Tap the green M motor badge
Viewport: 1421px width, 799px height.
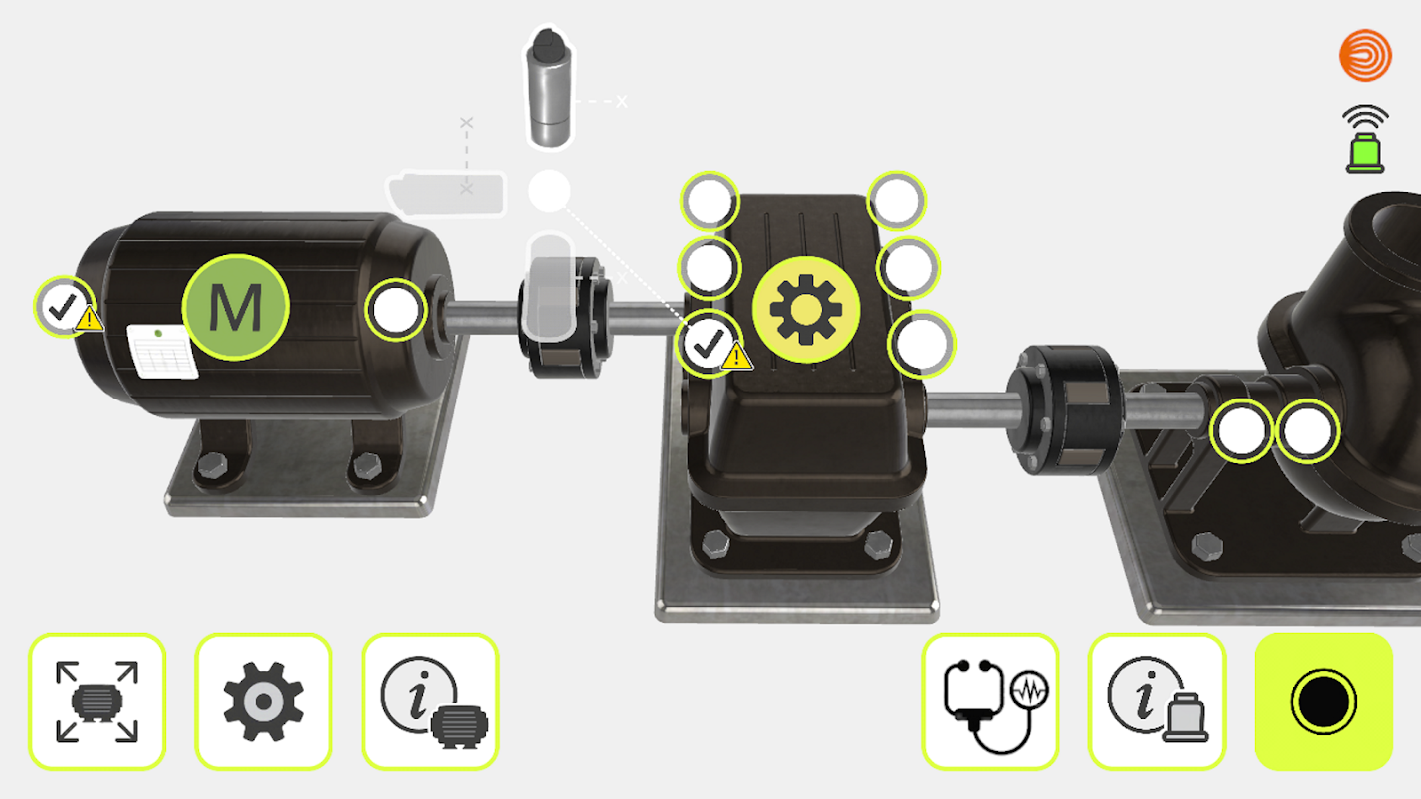point(236,308)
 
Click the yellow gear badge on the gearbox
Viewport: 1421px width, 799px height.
point(806,310)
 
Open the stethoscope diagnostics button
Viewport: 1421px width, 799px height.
point(990,702)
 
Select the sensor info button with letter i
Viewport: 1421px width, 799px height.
point(1157,702)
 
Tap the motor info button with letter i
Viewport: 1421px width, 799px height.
point(430,702)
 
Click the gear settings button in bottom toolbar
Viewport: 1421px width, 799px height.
point(263,702)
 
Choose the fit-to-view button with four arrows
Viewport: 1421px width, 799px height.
point(97,702)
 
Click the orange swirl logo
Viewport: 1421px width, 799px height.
point(1365,56)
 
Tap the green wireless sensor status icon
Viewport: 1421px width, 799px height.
point(1365,139)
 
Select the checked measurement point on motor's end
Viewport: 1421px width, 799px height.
point(64,307)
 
